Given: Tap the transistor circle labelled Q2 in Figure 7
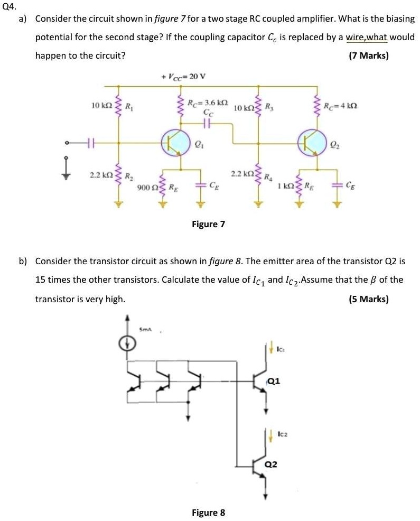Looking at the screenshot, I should (x=312, y=142).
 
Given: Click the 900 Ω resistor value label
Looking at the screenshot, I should (x=144, y=187).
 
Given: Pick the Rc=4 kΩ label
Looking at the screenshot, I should (x=342, y=106).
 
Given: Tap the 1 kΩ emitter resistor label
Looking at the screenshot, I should (x=289, y=187).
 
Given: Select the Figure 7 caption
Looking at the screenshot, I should (x=208, y=224).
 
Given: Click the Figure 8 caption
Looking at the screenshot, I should (x=208, y=512).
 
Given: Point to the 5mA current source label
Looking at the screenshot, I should (x=145, y=330).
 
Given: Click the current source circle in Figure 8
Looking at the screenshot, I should (x=127, y=344).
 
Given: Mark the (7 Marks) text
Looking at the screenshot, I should (x=369, y=55).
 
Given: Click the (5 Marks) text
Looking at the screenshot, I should (x=369, y=299).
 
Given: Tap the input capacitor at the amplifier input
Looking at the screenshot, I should (x=90, y=142).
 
